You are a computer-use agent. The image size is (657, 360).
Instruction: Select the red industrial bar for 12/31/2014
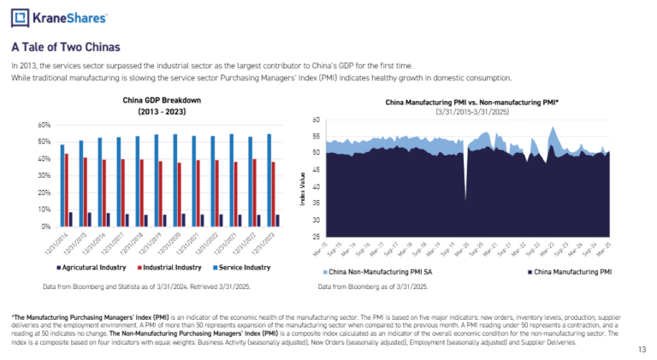click(66, 190)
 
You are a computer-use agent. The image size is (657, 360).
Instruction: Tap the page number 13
click(642, 349)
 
